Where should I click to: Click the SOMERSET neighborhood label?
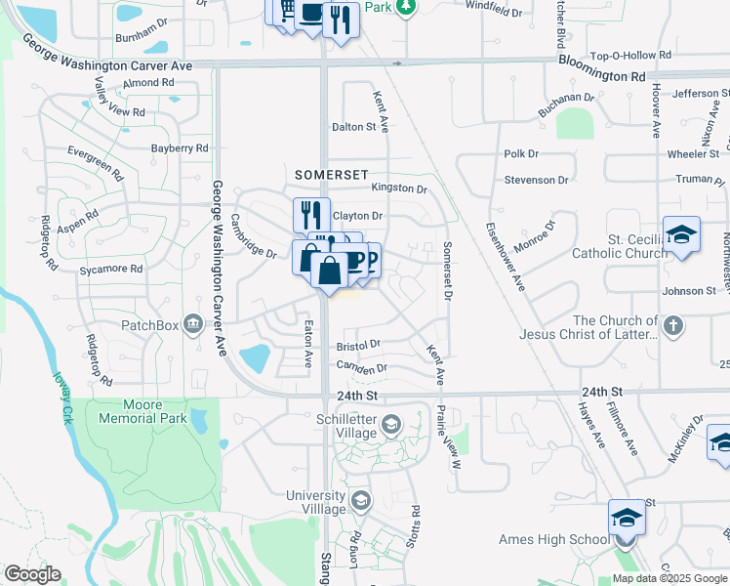tap(332, 173)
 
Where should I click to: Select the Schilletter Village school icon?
tap(390, 423)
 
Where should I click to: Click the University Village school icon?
tap(360, 502)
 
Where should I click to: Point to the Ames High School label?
tap(553, 539)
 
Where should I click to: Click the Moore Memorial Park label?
tap(142, 411)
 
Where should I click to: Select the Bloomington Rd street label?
tap(602, 74)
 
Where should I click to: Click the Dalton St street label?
tap(353, 127)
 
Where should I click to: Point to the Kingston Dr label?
tap(398, 188)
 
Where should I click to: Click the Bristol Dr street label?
tap(357, 346)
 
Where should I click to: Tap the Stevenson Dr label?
tap(536, 181)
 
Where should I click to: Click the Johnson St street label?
tap(689, 291)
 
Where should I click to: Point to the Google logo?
tap(32, 574)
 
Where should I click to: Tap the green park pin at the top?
tap(407, 6)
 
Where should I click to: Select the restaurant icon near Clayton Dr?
tap(311, 214)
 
